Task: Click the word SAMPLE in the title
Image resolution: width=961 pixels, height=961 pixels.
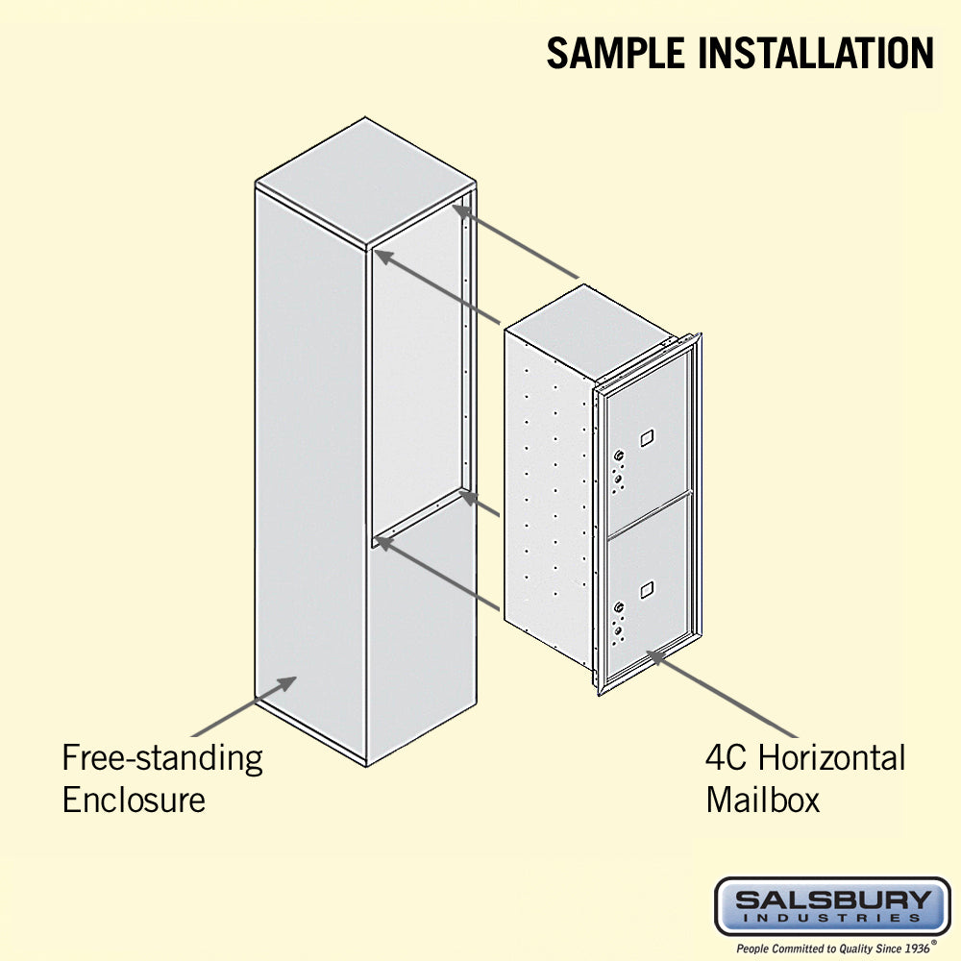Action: click(x=615, y=53)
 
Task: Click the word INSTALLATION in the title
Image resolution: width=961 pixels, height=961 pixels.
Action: click(x=816, y=53)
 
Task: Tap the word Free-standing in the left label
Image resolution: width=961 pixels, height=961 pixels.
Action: click(x=162, y=759)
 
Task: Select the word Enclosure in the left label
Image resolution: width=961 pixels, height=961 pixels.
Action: click(x=134, y=800)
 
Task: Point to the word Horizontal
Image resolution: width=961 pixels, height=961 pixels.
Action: click(x=831, y=757)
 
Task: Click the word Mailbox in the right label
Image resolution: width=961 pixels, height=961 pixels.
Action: click(x=762, y=800)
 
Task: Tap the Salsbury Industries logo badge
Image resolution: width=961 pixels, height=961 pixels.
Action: click(x=832, y=906)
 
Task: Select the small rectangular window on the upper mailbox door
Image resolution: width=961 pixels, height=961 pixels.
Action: click(x=647, y=437)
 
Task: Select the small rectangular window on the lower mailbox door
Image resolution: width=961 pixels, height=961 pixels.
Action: click(x=647, y=590)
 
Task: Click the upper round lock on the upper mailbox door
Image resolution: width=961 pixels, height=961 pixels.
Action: click(x=619, y=456)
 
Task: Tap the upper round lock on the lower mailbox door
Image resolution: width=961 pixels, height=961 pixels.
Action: click(x=619, y=607)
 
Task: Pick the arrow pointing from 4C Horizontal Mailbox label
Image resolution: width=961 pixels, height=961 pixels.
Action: click(x=722, y=694)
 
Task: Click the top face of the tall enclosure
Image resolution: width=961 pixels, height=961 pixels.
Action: click(x=365, y=183)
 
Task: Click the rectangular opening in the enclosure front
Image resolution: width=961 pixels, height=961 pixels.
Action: click(x=417, y=373)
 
